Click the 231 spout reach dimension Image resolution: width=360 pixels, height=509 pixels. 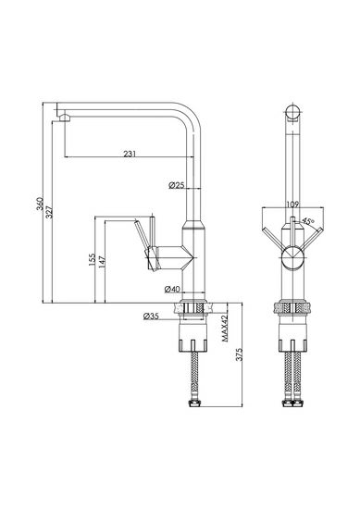coord(130,154)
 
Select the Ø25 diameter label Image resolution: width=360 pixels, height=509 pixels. coord(176,185)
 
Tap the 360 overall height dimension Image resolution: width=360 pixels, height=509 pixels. coord(40,204)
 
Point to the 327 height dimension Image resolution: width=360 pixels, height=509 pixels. coord(49,211)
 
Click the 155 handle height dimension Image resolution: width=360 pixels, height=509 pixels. coord(92,260)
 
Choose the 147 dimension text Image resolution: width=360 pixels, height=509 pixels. coord(102,263)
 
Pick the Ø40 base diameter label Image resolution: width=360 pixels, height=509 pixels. coord(172,289)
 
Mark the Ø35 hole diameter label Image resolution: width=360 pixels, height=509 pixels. coord(151,316)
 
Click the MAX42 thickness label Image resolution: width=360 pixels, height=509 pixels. coord(225,328)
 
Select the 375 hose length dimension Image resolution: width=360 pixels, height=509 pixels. coord(240,354)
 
